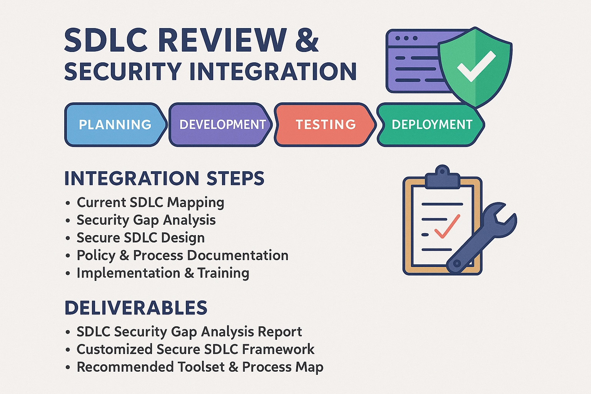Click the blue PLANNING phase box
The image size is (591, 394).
point(116,125)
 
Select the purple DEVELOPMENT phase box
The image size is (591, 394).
point(220,125)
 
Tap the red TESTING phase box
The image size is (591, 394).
point(325,125)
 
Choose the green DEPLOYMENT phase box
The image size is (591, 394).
point(431,125)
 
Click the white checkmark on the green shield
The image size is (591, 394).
point(476,66)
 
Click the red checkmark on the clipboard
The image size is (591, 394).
point(447,226)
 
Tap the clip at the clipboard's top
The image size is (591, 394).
point(442,177)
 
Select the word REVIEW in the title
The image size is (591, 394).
point(222,40)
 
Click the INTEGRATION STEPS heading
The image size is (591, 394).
point(164,179)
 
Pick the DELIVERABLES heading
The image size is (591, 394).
point(136,307)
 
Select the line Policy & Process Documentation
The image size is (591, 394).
point(183,256)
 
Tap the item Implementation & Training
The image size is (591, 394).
point(163,273)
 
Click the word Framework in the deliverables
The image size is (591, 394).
point(278,349)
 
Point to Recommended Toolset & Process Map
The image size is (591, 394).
point(200,367)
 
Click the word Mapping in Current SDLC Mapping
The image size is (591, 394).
point(196,203)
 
